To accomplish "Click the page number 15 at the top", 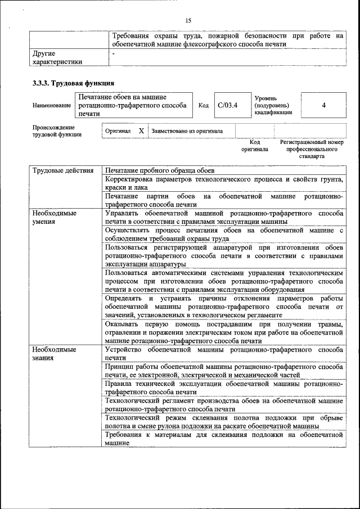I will tap(188, 21).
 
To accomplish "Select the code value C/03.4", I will tap(228, 105).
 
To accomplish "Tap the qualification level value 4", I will tap(323, 105).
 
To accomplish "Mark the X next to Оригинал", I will tap(141, 131).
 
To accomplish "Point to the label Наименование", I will tap(52, 106).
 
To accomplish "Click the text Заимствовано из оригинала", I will tap(187, 131).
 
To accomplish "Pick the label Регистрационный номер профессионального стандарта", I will tap(312, 149).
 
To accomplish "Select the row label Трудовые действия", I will tap(62, 170).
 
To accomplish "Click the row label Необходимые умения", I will tap(54, 218).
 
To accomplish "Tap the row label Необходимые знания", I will tap(54, 353).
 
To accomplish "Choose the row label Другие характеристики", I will tap(57, 58).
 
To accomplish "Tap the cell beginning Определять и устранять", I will tap(224, 307).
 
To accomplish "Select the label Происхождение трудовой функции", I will tap(57, 131).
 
